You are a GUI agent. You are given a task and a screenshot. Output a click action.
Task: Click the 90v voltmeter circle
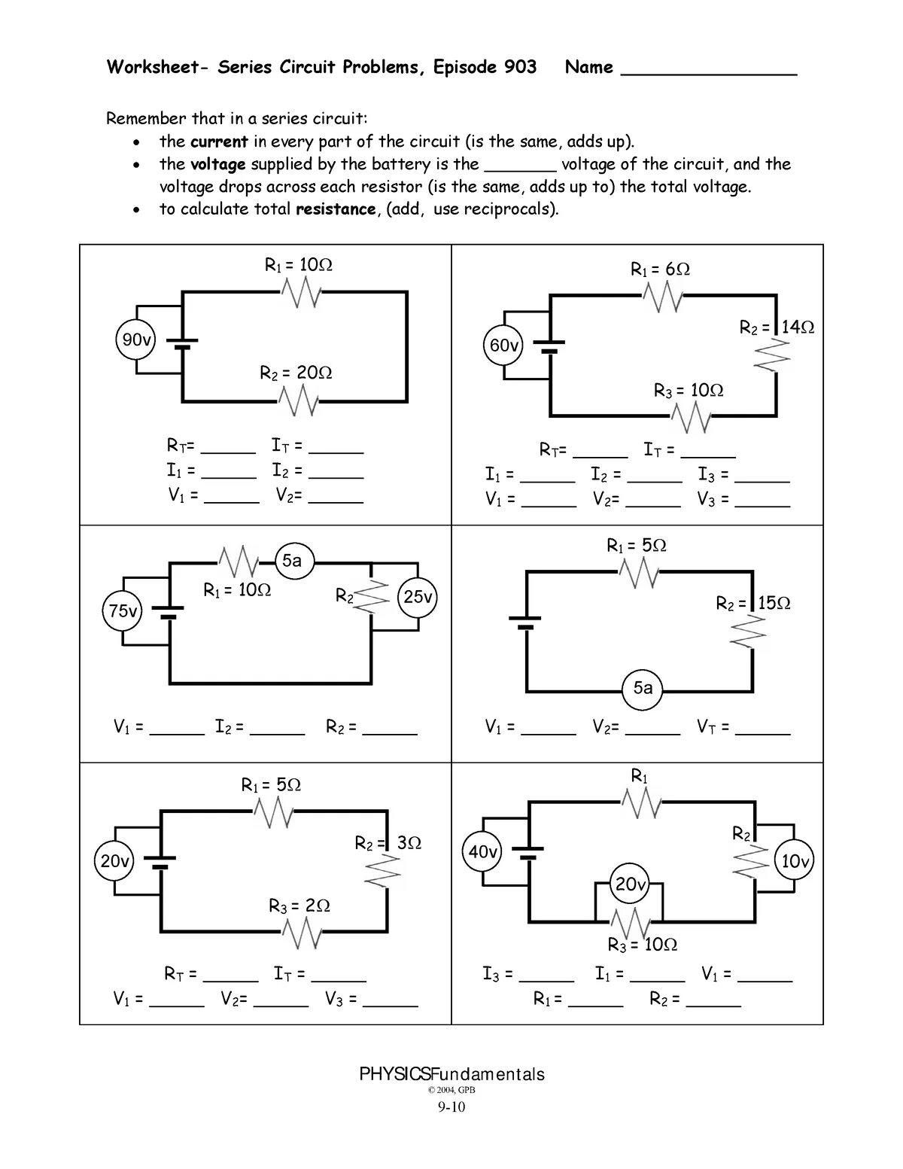(137, 340)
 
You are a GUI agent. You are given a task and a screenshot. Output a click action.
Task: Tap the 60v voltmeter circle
(503, 346)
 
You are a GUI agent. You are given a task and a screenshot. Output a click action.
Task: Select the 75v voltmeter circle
(123, 611)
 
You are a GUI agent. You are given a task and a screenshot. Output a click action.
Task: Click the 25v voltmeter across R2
(418, 598)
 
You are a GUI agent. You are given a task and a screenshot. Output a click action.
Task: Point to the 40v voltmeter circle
(482, 853)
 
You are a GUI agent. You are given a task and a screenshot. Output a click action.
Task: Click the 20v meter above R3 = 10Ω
(631, 884)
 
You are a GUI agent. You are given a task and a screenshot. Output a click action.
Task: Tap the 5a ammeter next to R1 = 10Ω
(292, 562)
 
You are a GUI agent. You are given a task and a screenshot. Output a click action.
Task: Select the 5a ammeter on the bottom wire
(643, 688)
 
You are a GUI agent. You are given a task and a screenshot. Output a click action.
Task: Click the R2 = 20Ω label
(296, 373)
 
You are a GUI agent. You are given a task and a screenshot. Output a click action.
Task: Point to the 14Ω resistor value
(798, 327)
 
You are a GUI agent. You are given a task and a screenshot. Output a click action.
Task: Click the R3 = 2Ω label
(299, 906)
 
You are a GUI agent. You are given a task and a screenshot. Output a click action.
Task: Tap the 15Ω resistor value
(774, 604)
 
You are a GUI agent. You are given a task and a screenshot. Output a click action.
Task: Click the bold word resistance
(335, 209)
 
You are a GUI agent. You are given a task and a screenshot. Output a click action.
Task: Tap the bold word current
(219, 142)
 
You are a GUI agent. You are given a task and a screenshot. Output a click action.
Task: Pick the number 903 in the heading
(520, 68)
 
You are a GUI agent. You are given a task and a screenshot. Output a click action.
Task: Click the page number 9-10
(451, 1107)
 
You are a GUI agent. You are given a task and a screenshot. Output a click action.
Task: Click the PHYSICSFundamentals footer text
(451, 1074)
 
